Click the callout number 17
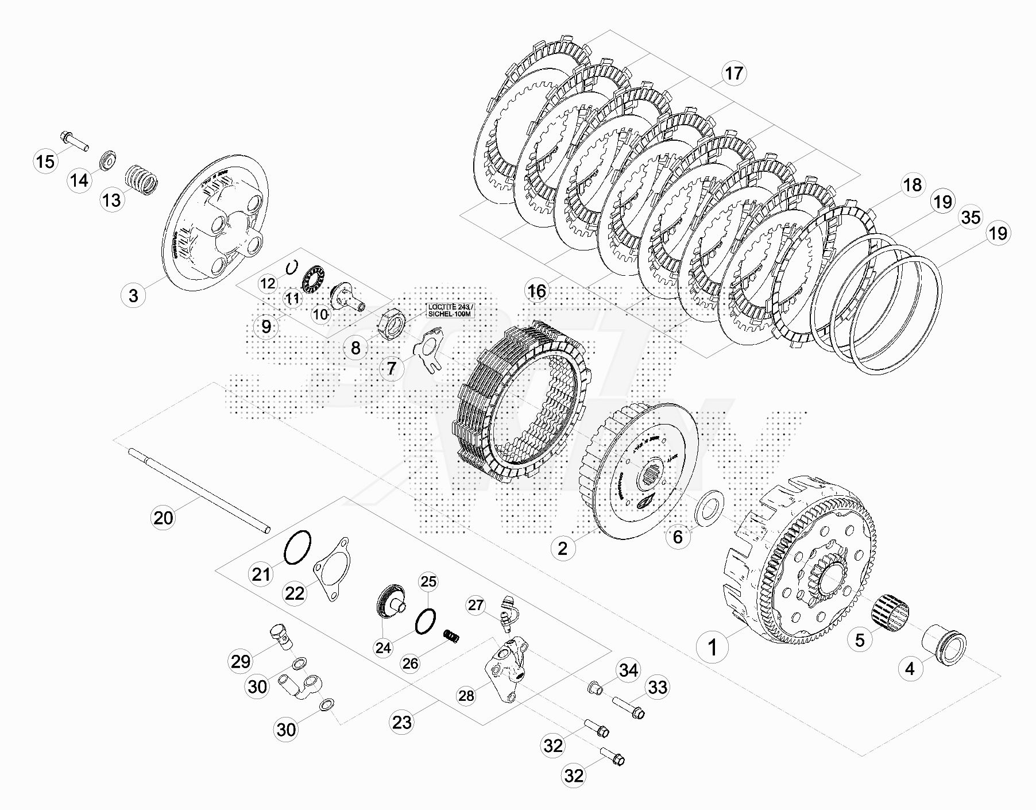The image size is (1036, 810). pos(733,74)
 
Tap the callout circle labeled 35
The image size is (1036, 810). pos(971,218)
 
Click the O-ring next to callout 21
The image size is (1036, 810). pos(297,547)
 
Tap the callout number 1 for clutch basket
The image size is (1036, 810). pos(712,647)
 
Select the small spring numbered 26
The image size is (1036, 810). pos(453,637)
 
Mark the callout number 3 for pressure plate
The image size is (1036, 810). pos(133,296)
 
